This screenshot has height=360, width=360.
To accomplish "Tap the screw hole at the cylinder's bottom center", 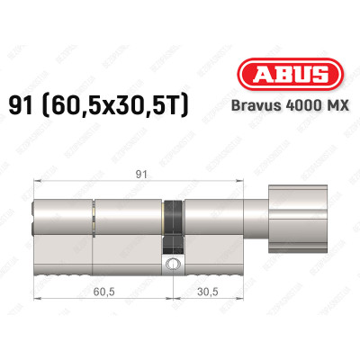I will (x=172, y=263).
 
